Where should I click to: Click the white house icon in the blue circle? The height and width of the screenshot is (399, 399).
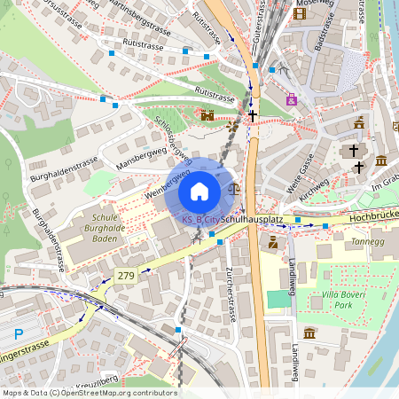(199, 192)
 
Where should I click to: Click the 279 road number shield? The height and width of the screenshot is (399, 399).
(126, 277)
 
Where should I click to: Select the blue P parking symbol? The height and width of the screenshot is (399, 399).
(20, 334)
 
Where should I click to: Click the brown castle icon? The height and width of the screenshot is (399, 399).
(208, 115)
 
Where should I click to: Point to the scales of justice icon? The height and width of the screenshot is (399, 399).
(234, 187)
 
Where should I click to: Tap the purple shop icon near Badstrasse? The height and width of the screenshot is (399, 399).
(291, 99)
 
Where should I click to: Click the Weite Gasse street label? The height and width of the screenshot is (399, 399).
(301, 166)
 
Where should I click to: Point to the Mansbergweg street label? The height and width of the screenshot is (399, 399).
(142, 157)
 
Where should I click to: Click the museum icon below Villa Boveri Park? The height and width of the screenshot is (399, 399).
(309, 332)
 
